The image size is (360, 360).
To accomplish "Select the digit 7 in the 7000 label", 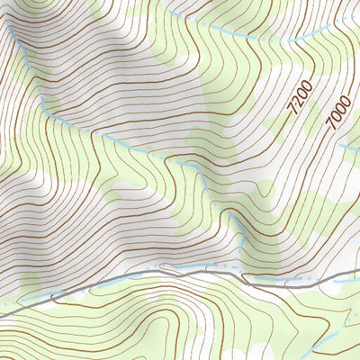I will [332, 123].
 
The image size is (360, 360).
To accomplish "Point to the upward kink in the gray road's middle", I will [165, 266].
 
